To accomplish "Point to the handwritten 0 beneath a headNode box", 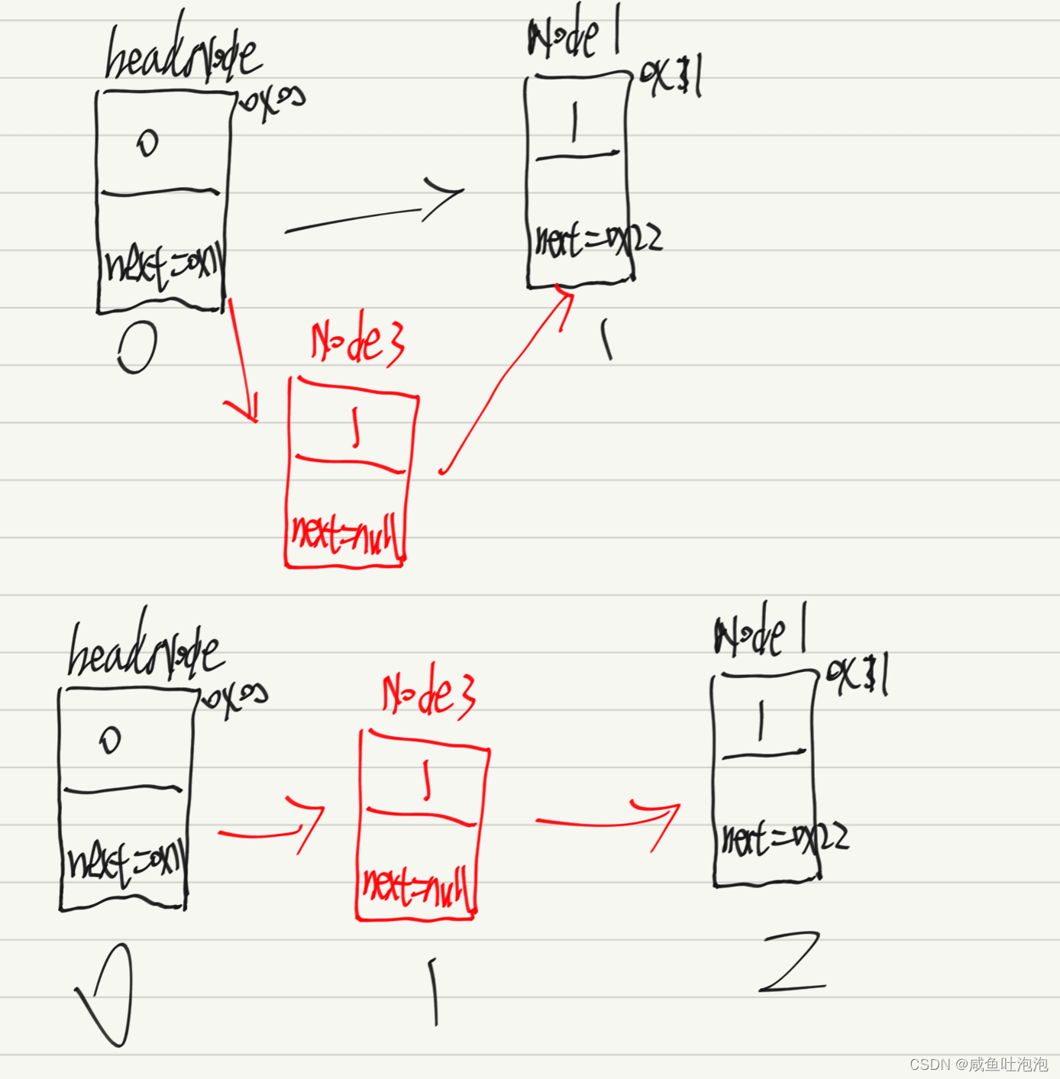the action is (138, 347).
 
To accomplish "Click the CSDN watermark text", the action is (978, 1064).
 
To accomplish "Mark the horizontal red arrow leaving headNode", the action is (271, 828).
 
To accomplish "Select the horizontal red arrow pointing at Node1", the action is (608, 822).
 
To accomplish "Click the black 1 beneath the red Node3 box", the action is (434, 991).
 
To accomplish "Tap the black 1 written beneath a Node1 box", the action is (606, 339).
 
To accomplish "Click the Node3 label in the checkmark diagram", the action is (428, 691).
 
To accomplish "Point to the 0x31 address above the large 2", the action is (857, 676).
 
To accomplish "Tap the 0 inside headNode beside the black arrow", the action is (148, 143).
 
